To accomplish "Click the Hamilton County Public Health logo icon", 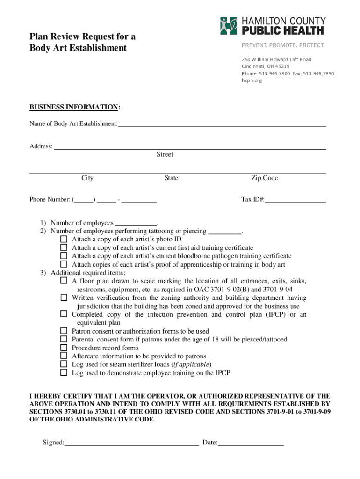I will point(229,26).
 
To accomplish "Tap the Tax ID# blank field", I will point(295,199).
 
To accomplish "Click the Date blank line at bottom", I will point(251,442).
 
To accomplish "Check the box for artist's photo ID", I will point(64,239).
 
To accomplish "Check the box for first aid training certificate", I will point(64,247).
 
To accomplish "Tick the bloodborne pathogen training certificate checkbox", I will point(64,256).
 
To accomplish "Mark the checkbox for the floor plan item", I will point(64,281).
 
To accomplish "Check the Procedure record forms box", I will point(64,348).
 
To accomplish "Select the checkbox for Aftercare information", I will point(64,356).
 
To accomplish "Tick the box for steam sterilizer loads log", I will point(64,364).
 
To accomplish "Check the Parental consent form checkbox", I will point(64,339).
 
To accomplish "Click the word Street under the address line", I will point(165,154).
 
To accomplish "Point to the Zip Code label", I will point(264,178).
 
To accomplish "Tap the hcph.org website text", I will point(252,80).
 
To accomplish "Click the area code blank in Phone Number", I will point(84,199).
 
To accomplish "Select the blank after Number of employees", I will point(136,223).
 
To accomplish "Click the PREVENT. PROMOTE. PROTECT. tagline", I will point(282,45).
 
